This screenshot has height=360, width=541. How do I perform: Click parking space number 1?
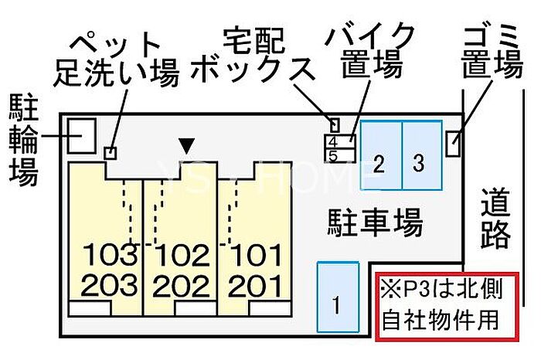click(x=337, y=298)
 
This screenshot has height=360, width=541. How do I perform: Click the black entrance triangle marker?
click(x=185, y=144)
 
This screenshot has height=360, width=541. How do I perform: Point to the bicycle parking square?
click(x=80, y=136)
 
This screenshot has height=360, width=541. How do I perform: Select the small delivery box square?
click(x=335, y=124)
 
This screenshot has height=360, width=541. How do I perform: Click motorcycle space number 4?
click(x=334, y=142)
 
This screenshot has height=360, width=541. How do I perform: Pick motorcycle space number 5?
click(x=334, y=155)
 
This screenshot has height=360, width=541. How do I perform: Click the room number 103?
click(x=110, y=253)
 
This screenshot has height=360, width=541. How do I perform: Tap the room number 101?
click(x=256, y=253)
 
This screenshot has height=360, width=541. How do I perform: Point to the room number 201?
click(x=256, y=286)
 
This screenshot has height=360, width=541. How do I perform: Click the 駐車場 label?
click(x=373, y=224)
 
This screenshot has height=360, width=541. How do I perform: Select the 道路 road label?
click(x=495, y=220)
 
